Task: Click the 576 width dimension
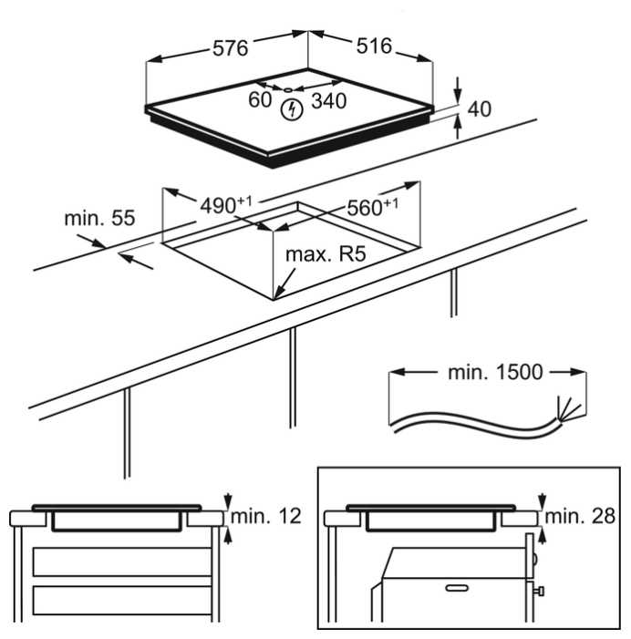click(231, 48)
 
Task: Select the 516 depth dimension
click(374, 46)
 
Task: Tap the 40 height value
click(480, 109)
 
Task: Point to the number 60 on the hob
click(260, 100)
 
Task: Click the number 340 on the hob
click(329, 100)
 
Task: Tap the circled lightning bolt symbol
click(292, 109)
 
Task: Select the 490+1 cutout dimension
click(226, 205)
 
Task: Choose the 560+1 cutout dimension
click(373, 207)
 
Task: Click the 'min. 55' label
click(100, 219)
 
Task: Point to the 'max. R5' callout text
click(326, 254)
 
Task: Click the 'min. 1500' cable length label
click(496, 372)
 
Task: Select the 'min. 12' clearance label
click(265, 516)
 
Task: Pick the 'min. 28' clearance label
click(580, 516)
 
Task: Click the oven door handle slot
click(457, 588)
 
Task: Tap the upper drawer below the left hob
click(122, 562)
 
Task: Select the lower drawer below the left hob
click(122, 601)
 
